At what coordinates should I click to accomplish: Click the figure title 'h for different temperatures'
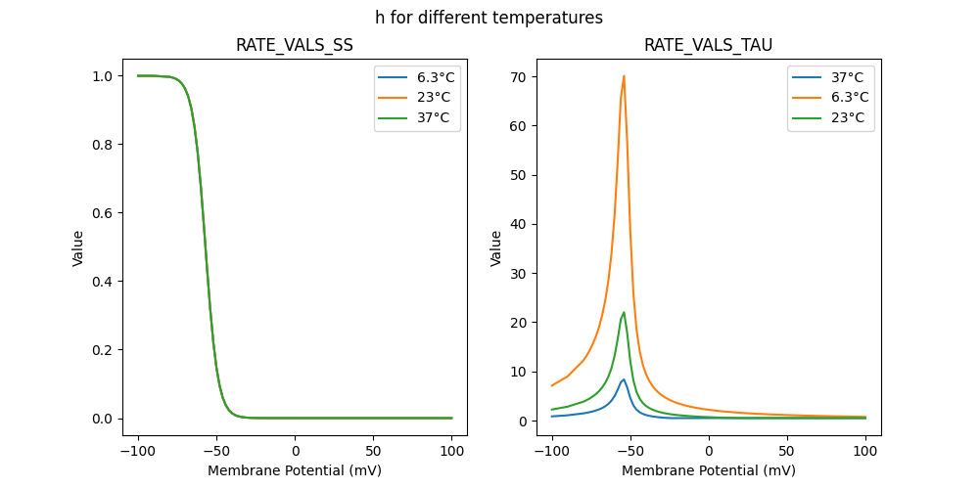point(489,18)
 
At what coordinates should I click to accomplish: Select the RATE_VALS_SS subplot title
point(295,45)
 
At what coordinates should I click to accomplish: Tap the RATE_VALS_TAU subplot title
point(708,45)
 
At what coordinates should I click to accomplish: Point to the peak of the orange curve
point(624,76)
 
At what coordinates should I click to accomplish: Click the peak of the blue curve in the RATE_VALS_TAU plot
point(624,379)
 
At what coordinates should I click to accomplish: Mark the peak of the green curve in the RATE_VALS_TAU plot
point(624,313)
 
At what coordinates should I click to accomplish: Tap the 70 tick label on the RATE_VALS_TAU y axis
point(518,76)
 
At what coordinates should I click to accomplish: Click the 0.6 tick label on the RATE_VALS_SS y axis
point(102,213)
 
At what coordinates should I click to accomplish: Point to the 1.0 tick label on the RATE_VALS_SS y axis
point(102,76)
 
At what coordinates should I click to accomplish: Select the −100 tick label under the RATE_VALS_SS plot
point(138,452)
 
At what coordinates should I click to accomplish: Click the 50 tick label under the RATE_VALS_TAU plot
point(787,452)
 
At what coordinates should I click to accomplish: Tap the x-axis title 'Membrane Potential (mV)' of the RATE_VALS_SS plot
point(295,470)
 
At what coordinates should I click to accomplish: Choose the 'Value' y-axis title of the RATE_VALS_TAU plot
point(496,248)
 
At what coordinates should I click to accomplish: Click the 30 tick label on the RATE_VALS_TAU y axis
point(518,273)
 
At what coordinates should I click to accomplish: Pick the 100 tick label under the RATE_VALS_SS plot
point(452,452)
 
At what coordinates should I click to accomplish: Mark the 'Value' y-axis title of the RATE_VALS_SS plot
point(78,248)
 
